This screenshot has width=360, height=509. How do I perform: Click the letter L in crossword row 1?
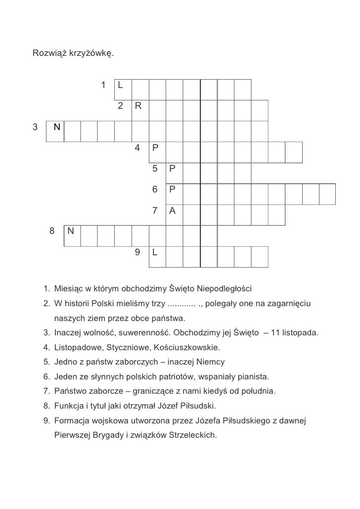click(x=122, y=85)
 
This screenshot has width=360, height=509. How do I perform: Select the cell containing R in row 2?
click(x=138, y=106)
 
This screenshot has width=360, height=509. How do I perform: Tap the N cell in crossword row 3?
click(x=56, y=127)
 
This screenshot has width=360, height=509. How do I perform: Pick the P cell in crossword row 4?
click(x=156, y=148)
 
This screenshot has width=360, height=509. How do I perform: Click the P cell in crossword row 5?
click(x=173, y=169)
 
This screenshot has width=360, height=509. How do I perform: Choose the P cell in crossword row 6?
click(x=173, y=190)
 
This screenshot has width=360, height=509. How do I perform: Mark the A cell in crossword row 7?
click(x=173, y=211)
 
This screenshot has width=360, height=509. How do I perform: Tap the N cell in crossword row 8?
click(x=72, y=231)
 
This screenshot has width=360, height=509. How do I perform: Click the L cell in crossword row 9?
click(x=156, y=252)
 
